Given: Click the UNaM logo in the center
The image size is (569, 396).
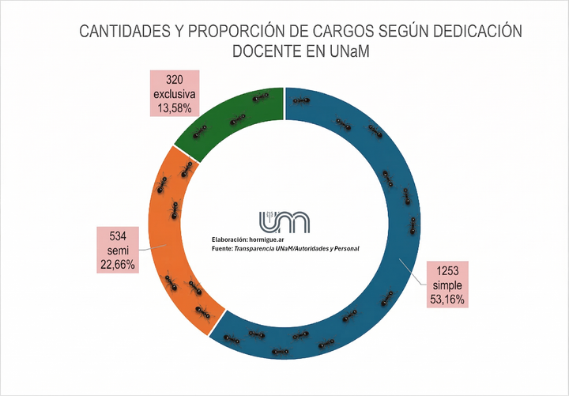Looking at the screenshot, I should [x=284, y=222].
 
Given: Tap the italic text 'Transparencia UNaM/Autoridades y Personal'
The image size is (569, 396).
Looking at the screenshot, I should [x=296, y=249].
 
